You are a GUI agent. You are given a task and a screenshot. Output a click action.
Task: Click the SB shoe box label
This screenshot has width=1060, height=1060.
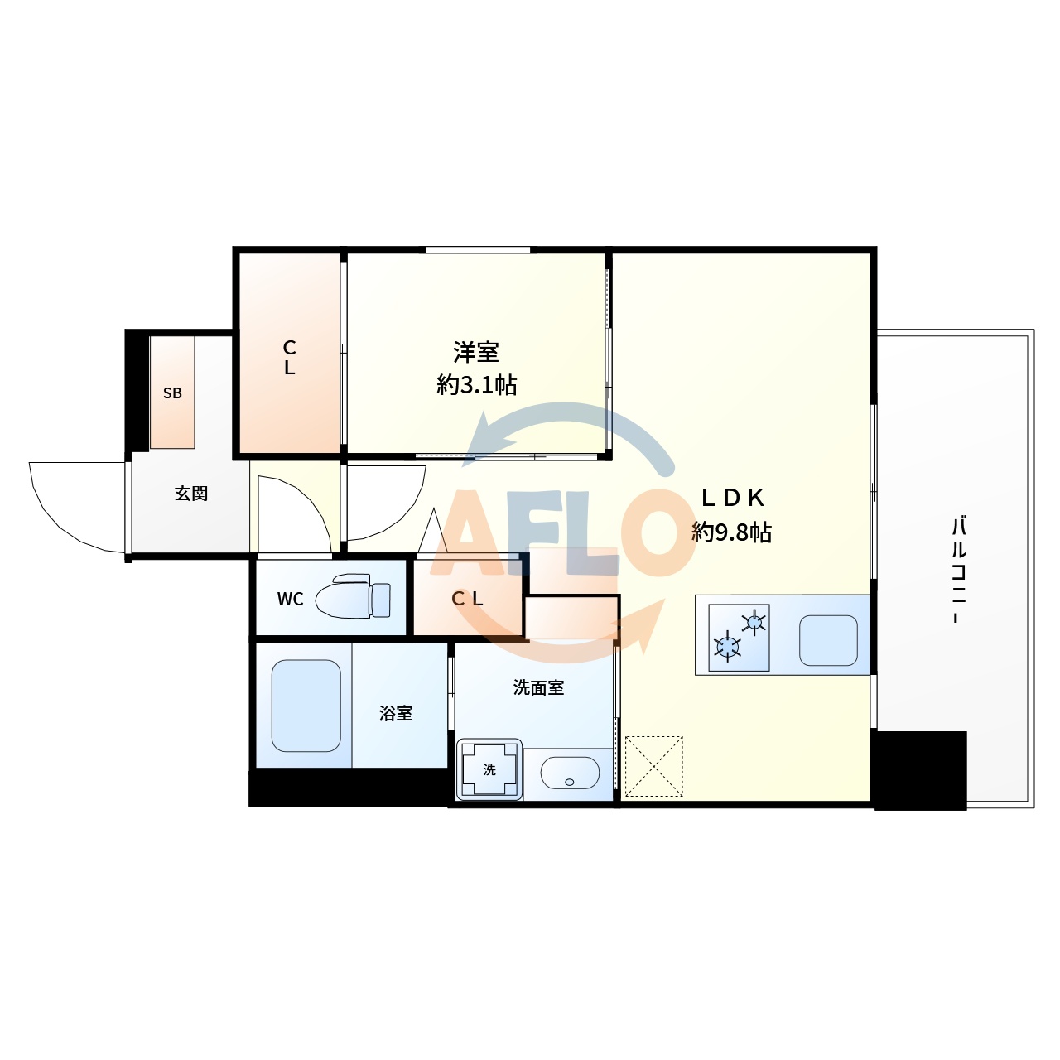[172, 393]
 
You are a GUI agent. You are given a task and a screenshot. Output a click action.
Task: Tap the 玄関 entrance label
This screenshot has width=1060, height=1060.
[190, 494]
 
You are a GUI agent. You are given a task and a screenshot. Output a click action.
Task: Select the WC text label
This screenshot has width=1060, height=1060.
[290, 600]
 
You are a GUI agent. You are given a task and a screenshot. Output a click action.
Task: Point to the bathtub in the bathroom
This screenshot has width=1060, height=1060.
[306, 706]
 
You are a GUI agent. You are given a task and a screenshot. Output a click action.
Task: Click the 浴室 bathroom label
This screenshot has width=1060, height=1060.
[396, 713]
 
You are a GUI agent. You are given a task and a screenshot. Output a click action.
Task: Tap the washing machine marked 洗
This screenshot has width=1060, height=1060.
[489, 770]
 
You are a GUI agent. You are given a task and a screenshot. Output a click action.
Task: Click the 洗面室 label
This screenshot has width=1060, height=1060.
[538, 687]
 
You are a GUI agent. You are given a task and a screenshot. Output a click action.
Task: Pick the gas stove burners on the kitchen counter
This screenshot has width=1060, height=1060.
[740, 637]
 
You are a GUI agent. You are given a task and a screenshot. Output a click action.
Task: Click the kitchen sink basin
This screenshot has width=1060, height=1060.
[828, 640]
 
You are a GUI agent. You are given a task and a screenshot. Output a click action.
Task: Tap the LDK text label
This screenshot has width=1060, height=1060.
[732, 498]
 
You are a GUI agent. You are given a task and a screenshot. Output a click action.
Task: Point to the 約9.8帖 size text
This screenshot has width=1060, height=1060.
[732, 532]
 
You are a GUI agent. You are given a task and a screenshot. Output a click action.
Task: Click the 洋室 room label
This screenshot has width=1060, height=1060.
[476, 353]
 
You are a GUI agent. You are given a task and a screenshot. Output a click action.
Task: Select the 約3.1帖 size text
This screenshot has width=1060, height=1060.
[476, 385]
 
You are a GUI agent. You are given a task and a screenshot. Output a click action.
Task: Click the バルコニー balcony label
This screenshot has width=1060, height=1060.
[959, 570]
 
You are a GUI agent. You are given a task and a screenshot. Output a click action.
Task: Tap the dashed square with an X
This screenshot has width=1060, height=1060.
[653, 767]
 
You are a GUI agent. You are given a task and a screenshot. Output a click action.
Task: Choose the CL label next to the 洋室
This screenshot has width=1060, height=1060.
[289, 358]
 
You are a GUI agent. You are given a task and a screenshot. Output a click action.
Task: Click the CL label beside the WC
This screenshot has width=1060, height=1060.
[467, 599]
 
